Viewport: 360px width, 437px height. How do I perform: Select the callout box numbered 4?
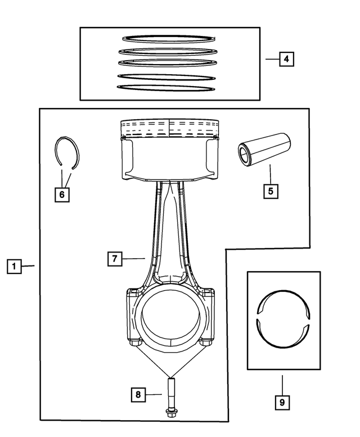[286, 58]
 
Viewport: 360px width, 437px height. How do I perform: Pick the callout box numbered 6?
[61, 195]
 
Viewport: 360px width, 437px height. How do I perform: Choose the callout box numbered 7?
[114, 259]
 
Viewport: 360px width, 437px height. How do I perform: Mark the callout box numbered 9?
[283, 402]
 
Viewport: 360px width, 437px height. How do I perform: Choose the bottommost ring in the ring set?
[166, 88]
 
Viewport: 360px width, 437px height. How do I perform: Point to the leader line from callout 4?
[272, 58]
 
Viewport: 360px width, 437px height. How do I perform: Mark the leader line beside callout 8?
[154, 394]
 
